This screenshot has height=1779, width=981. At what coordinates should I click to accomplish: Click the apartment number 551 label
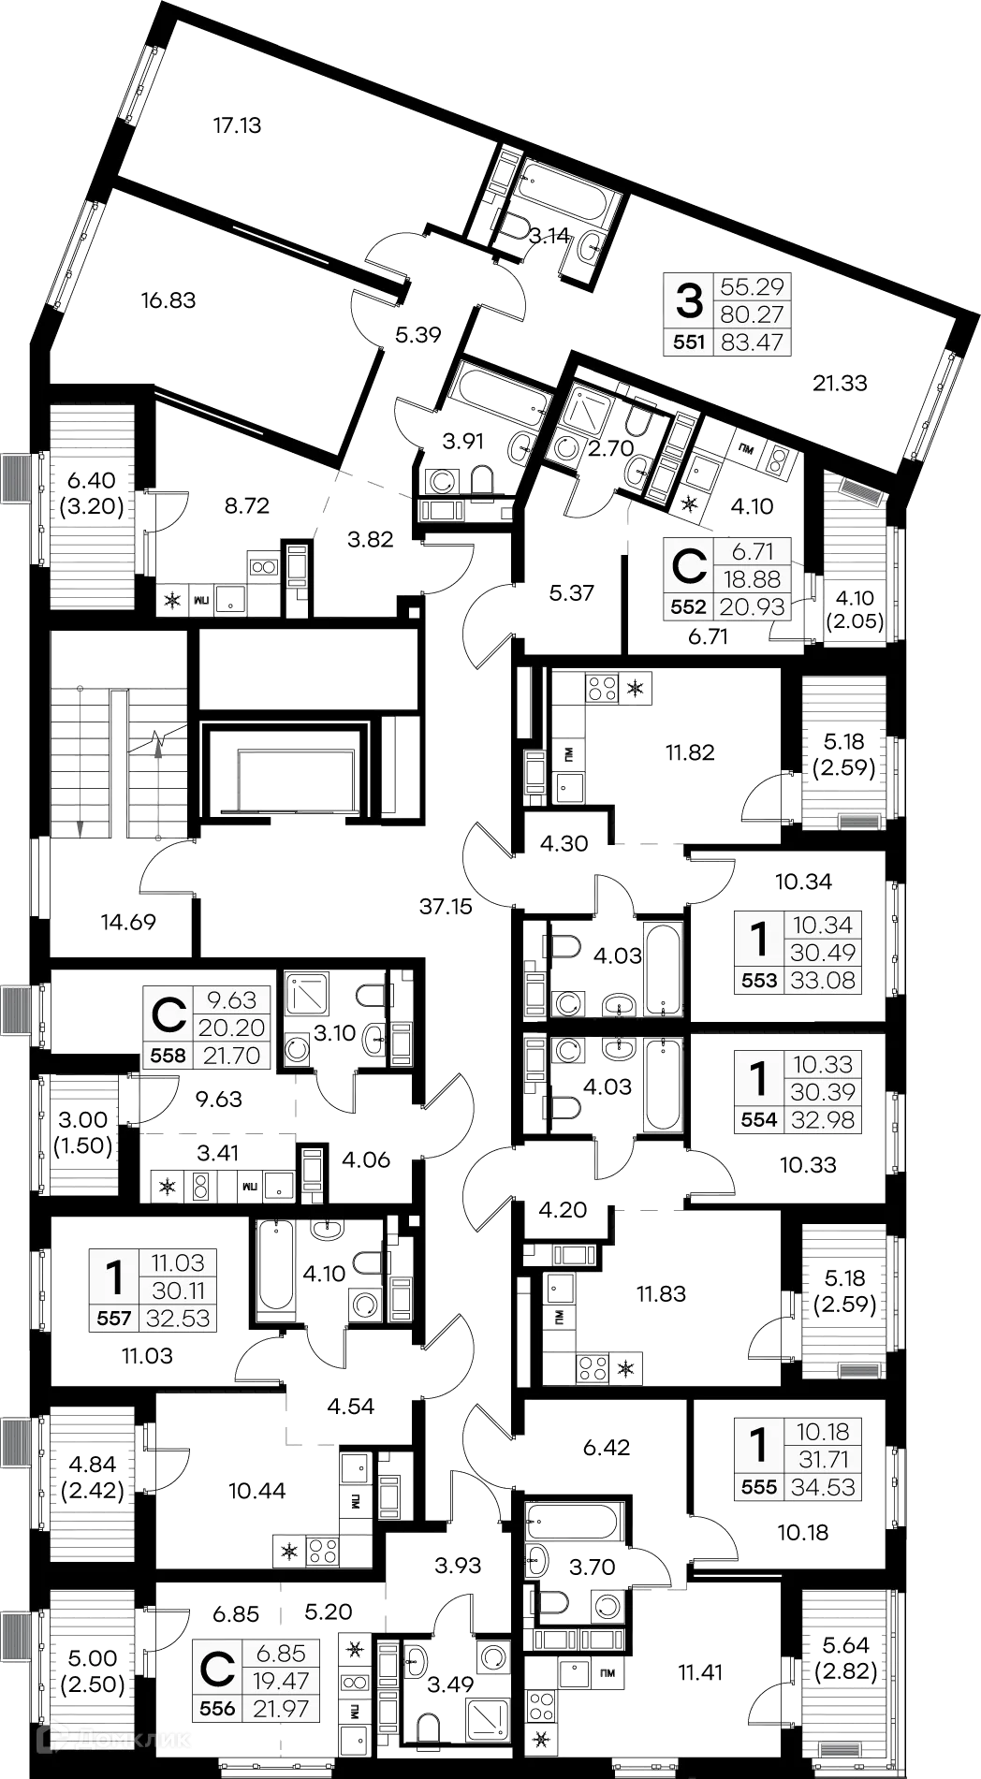point(689,343)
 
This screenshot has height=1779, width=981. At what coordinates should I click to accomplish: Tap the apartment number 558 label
point(168,1056)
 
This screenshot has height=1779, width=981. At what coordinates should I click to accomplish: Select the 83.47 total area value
point(752,343)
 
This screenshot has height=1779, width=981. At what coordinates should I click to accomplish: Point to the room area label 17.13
point(238,124)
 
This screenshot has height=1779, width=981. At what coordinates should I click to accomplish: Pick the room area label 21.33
point(840,383)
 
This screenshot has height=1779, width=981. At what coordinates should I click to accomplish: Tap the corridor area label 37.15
point(446,906)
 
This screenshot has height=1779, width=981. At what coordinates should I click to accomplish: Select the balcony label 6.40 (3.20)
point(91,494)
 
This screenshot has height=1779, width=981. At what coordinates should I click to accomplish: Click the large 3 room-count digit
point(689,301)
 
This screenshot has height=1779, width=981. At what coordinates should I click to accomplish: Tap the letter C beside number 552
point(689,565)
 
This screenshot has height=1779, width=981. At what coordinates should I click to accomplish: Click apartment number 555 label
point(759,1487)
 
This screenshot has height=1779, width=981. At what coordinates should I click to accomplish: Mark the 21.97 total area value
point(281,1708)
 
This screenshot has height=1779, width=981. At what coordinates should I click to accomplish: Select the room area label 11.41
point(701,1671)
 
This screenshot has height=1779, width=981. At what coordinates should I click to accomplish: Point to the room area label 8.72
point(246,506)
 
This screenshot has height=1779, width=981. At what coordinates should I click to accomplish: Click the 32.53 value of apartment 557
point(177,1319)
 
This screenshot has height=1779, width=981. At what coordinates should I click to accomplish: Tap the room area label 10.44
point(258,1492)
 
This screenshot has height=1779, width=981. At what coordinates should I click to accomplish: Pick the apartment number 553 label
point(759,981)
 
